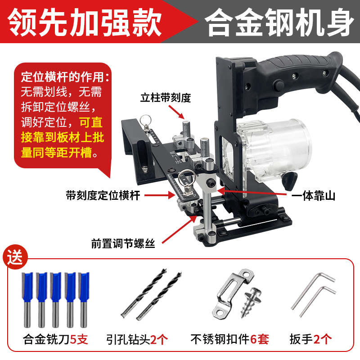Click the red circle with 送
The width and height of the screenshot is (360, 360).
15,257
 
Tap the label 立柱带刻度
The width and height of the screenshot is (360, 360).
166,98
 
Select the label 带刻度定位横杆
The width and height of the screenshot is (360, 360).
103,195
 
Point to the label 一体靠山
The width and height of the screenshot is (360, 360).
313,196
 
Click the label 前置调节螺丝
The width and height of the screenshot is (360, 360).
123,243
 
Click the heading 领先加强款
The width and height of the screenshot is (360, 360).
85,22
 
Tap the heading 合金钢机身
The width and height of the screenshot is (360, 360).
279,22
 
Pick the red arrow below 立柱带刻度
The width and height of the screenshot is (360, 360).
176,112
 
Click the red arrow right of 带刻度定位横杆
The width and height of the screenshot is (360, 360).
160,195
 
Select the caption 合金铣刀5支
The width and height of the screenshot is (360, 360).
55,339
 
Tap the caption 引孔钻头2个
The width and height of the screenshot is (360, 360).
137,339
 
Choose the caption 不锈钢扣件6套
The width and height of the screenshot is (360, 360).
229,339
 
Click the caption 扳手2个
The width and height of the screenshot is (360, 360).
310,339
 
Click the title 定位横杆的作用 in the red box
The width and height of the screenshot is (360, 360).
65,77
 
